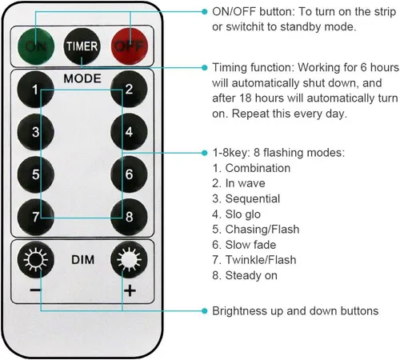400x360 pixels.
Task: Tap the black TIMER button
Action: point(82,46)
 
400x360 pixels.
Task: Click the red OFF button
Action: point(130,46)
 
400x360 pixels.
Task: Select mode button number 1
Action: point(35,90)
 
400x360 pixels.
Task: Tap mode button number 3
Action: point(35,132)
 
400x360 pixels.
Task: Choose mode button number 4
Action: point(129,132)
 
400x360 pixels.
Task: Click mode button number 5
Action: point(35,174)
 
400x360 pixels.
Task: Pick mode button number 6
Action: point(129,174)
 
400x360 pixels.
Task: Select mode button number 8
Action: point(129,217)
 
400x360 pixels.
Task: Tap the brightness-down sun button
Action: point(35,259)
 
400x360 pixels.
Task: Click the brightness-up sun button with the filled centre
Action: point(129,259)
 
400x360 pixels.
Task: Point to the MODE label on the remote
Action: point(82,78)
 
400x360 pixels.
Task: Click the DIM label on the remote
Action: point(82,260)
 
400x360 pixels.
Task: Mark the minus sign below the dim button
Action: point(35,290)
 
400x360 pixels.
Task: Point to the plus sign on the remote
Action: point(130,290)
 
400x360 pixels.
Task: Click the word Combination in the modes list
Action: point(258,168)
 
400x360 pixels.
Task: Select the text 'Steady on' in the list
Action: point(251,275)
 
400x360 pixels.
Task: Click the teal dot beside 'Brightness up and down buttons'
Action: point(204,311)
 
